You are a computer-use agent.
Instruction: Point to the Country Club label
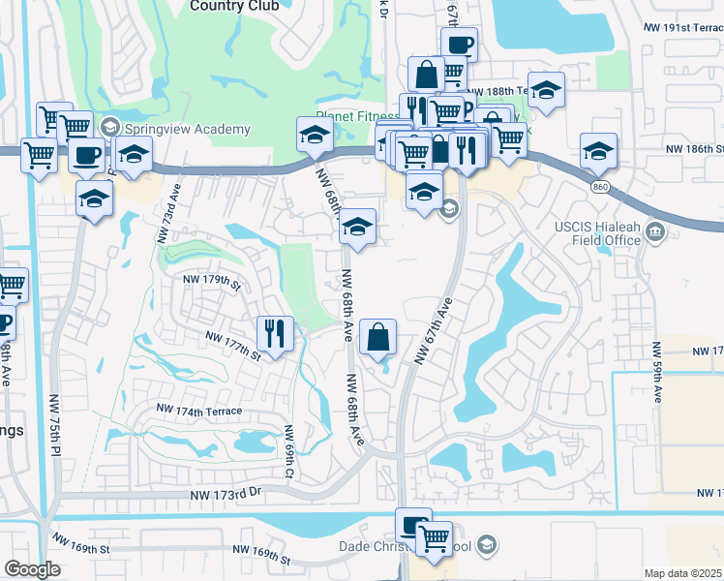234,6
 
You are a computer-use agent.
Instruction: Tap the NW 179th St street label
210,282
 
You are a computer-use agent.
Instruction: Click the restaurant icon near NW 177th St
275,333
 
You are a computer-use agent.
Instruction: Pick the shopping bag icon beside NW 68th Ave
378,337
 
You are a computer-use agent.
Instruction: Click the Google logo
33,568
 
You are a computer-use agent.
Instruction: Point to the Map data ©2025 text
683,573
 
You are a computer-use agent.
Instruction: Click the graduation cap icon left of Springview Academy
108,128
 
